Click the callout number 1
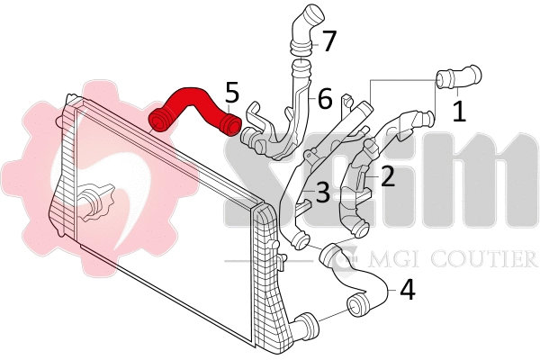point(458,112)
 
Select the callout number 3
point(321,191)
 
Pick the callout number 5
point(232,92)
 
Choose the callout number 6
point(324,97)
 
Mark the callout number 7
point(329,40)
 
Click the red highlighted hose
point(193,103)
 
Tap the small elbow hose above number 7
point(303,27)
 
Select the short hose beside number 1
point(459,78)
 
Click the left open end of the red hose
point(160,120)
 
